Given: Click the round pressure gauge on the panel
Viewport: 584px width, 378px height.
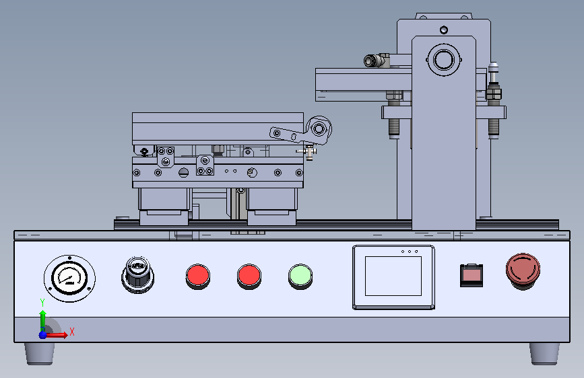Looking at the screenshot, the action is pos(69,278).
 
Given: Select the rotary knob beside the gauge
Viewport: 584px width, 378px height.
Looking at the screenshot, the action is pos(138,274).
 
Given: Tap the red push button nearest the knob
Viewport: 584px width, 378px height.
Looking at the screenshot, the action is pos(198,276).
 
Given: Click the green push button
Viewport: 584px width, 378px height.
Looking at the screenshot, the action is pos(300,276).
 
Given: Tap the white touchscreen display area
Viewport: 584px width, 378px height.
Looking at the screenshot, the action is pos(393,276).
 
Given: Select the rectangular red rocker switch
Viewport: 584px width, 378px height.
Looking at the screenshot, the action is pos(472,275).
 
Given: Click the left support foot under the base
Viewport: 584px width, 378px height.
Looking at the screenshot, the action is pos(40,353).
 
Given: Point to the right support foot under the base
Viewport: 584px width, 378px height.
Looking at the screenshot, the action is pos(544,353).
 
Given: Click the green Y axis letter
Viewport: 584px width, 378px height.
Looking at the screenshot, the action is pos(42,303).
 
